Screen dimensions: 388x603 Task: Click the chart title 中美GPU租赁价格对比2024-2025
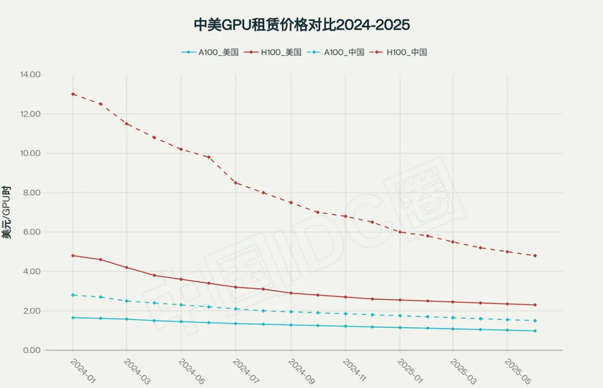[301, 25]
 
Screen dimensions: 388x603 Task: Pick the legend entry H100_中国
[406, 53]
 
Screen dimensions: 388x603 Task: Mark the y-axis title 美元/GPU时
[7, 212]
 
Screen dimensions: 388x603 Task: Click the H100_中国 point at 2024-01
[73, 94]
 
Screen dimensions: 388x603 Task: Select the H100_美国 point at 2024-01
[73, 255]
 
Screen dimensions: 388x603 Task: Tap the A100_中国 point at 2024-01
[73, 295]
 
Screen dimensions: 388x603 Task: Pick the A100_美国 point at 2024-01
[73, 318]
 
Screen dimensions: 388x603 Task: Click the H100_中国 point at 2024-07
[236, 183]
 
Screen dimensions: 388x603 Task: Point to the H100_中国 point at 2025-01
[400, 232]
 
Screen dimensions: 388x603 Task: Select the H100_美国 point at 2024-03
[127, 267]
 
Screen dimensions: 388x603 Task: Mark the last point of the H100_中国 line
[535, 255]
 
